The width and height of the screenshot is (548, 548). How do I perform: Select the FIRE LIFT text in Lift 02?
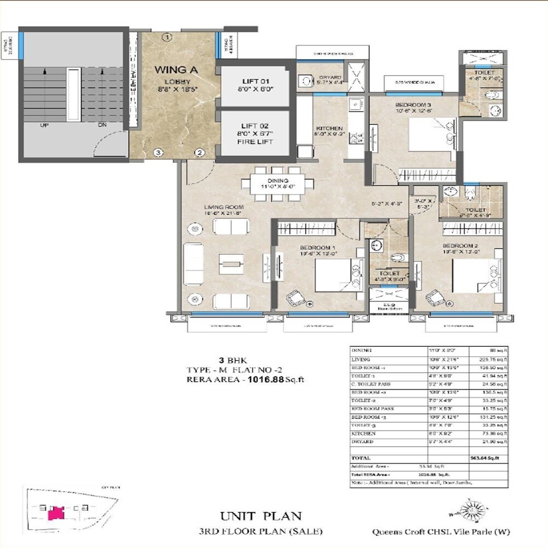tap(254, 142)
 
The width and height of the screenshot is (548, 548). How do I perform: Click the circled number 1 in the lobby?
tap(168, 37)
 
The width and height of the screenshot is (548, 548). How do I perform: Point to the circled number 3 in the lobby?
tap(157, 152)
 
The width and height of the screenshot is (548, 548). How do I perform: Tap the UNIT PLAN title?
tap(261, 516)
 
